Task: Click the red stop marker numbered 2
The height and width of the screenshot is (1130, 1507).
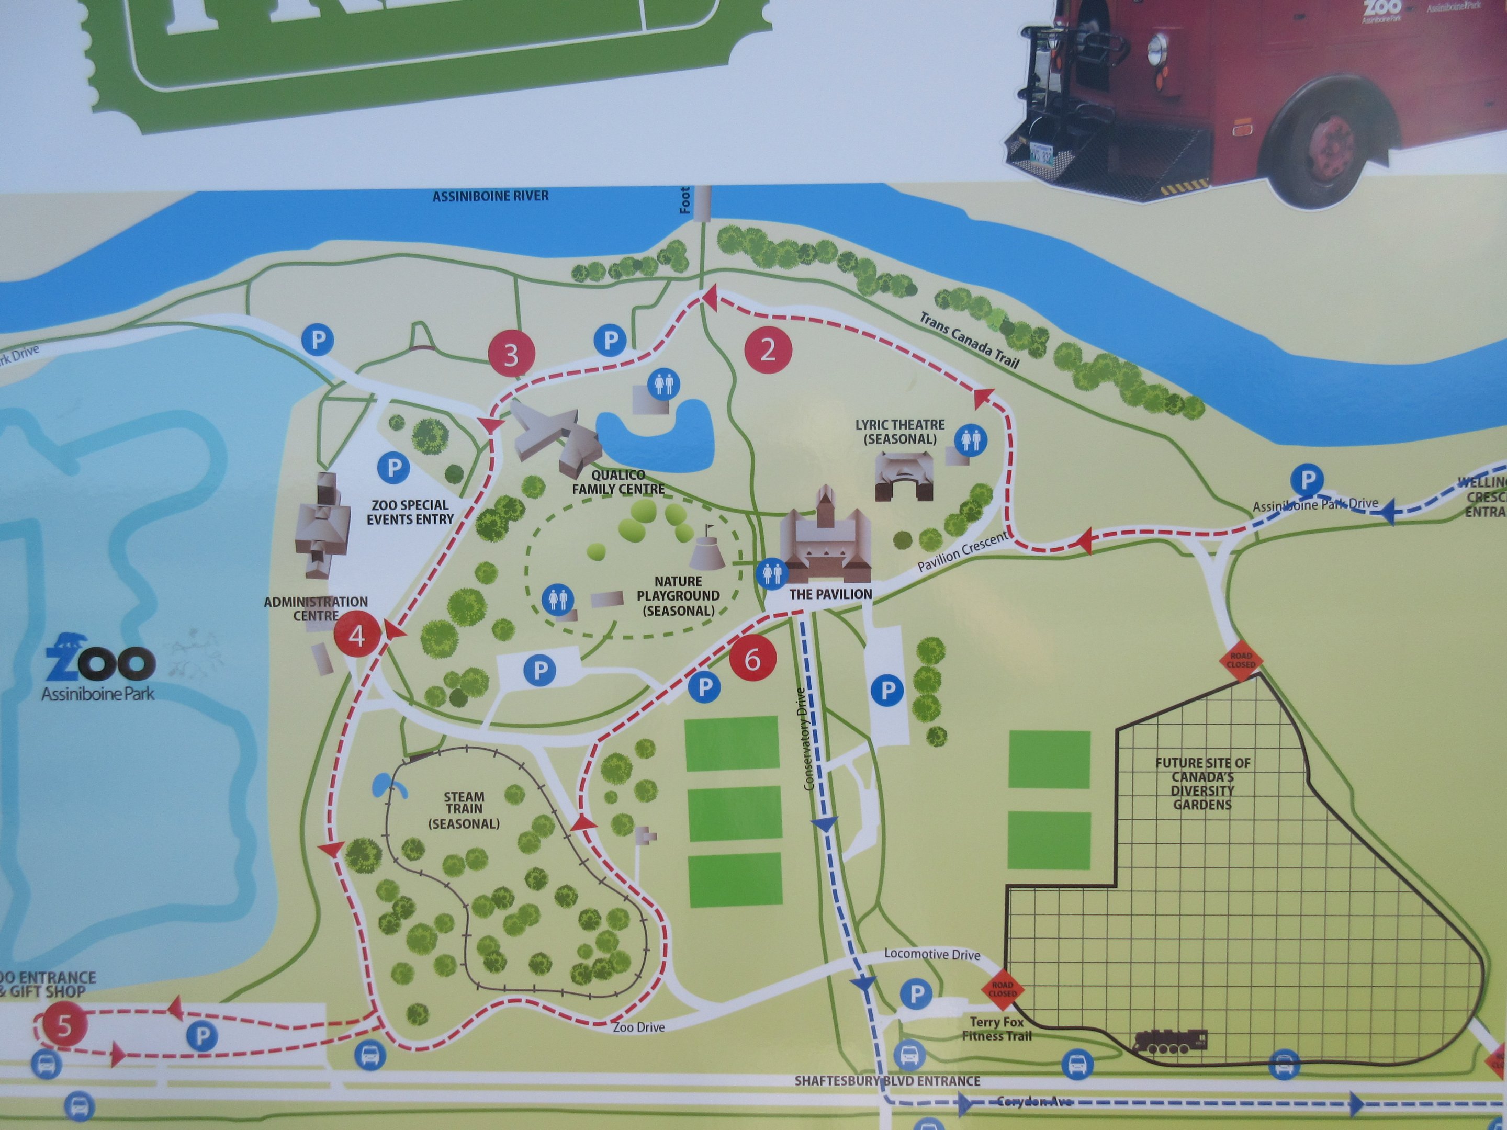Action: (768, 349)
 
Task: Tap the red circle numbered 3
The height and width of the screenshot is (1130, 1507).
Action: (511, 354)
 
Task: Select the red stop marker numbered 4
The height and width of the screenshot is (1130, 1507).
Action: (356, 636)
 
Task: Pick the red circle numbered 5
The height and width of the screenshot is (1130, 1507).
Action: (64, 1025)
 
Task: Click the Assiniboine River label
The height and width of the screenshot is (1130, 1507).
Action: (490, 196)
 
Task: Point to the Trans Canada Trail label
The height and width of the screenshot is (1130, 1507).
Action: (969, 339)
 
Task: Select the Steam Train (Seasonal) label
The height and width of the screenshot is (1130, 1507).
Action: (464, 810)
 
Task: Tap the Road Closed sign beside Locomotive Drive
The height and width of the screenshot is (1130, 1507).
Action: (1002, 989)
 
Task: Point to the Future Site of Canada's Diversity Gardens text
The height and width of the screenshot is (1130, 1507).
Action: (1202, 783)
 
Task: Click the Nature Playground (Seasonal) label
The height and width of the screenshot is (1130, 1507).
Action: (678, 596)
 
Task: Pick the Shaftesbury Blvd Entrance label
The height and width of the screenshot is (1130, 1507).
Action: (887, 1081)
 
